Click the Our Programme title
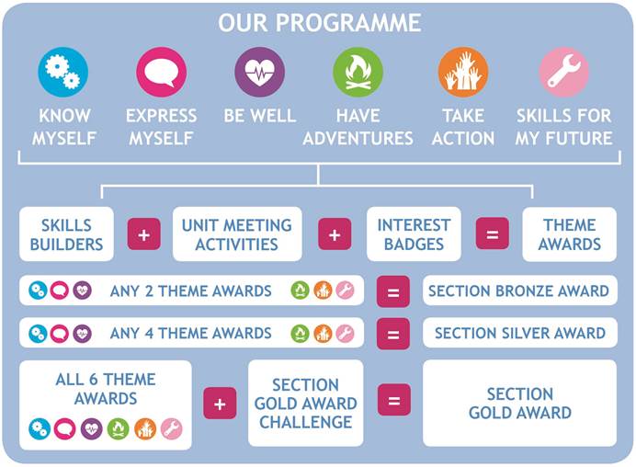pyautogui.click(x=320, y=23)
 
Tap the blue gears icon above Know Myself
pyautogui.click(x=62, y=72)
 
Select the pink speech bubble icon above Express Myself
pyautogui.click(x=162, y=72)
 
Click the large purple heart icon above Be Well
pyautogui.click(x=259, y=72)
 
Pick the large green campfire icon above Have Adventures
pyautogui.click(x=358, y=72)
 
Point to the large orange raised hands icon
pyautogui.click(x=463, y=72)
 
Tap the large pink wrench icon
pyautogui.click(x=563, y=72)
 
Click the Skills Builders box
pyautogui.click(x=66, y=234)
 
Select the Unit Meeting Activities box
pyautogui.click(x=237, y=234)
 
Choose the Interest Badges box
pyautogui.click(x=414, y=234)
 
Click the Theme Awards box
pyautogui.click(x=570, y=234)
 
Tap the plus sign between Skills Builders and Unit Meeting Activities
pyautogui.click(x=144, y=234)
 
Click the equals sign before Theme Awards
pyautogui.click(x=493, y=233)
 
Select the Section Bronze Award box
pyautogui.click(x=520, y=290)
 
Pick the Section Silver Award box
pyautogui.click(x=520, y=333)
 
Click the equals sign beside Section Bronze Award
pyautogui.click(x=393, y=291)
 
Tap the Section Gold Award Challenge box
pyautogui.click(x=306, y=404)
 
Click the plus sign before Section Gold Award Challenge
pyautogui.click(x=220, y=404)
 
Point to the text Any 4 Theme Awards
pyautogui.click(x=190, y=333)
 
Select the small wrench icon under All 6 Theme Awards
pyautogui.click(x=172, y=429)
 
